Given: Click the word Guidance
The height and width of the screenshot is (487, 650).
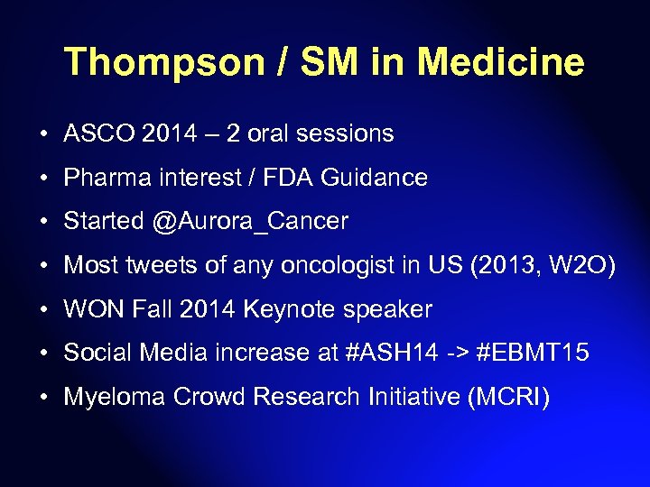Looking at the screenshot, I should pyautogui.click(x=371, y=178).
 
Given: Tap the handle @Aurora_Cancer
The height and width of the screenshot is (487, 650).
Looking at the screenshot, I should pyautogui.click(x=250, y=222).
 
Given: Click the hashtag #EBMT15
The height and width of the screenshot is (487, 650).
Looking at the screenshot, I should pyautogui.click(x=535, y=354).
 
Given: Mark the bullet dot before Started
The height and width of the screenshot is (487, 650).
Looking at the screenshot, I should pyautogui.click(x=44, y=222).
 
